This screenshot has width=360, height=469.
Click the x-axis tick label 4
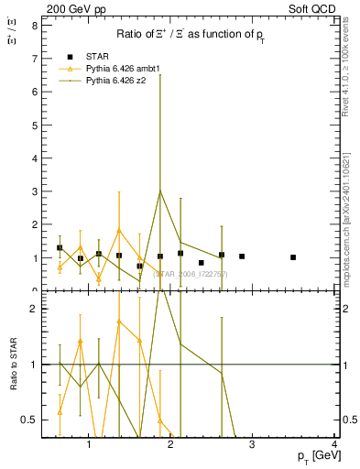(335, 446)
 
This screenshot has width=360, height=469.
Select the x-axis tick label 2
(171, 446)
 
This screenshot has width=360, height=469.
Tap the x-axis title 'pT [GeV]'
(312, 455)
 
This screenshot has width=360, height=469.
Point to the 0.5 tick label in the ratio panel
(28, 420)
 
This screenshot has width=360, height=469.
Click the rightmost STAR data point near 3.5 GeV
(293, 257)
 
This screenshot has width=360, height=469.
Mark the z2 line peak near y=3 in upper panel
(160, 191)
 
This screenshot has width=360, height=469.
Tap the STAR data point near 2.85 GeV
(242, 256)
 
